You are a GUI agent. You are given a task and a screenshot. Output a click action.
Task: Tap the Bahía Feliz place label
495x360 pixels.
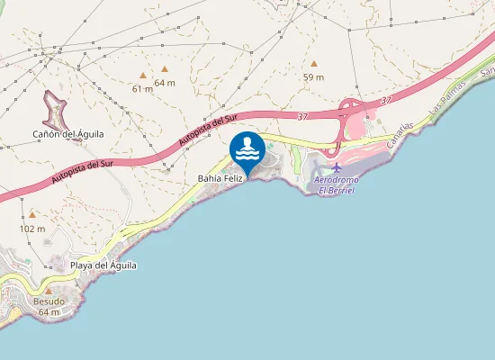220,179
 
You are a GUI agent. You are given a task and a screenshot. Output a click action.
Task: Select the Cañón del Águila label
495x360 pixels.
68,134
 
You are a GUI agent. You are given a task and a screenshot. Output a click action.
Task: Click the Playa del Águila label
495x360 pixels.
103,265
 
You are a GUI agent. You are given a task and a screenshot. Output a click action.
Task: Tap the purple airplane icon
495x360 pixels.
337,167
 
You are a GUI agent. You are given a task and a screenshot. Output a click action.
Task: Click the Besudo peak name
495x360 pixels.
49,301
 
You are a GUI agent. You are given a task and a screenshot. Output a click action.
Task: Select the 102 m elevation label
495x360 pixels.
31,229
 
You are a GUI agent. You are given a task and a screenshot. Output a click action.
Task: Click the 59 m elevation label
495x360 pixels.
313,77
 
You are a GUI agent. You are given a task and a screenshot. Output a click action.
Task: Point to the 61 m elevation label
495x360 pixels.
142,88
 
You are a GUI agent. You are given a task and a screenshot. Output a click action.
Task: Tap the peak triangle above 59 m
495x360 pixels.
314,64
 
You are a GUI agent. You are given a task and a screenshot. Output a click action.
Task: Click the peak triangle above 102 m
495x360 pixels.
32,215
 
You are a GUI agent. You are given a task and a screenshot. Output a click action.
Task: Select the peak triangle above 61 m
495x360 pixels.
142,76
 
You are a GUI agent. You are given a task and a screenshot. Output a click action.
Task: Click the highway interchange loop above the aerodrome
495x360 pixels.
349,115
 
